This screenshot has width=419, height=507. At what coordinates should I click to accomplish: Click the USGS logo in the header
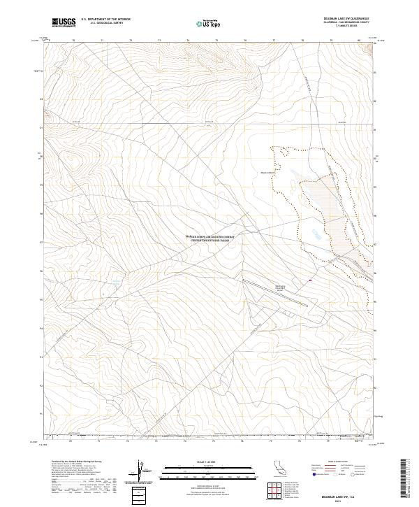pos(64,23)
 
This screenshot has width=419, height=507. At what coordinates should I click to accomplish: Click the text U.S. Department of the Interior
pos(105,20)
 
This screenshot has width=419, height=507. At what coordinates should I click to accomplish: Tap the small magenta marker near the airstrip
pos(310,281)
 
